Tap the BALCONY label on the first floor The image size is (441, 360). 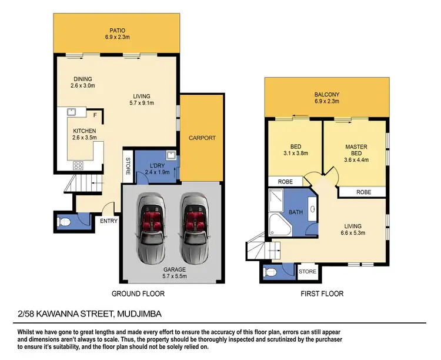(326, 94)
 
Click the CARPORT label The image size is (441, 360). (202, 138)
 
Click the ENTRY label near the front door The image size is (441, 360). (109, 221)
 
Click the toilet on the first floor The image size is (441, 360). (270, 272)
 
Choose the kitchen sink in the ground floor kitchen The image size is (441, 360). (72, 112)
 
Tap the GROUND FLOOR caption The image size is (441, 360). (138, 294)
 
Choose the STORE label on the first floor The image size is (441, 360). (308, 272)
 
